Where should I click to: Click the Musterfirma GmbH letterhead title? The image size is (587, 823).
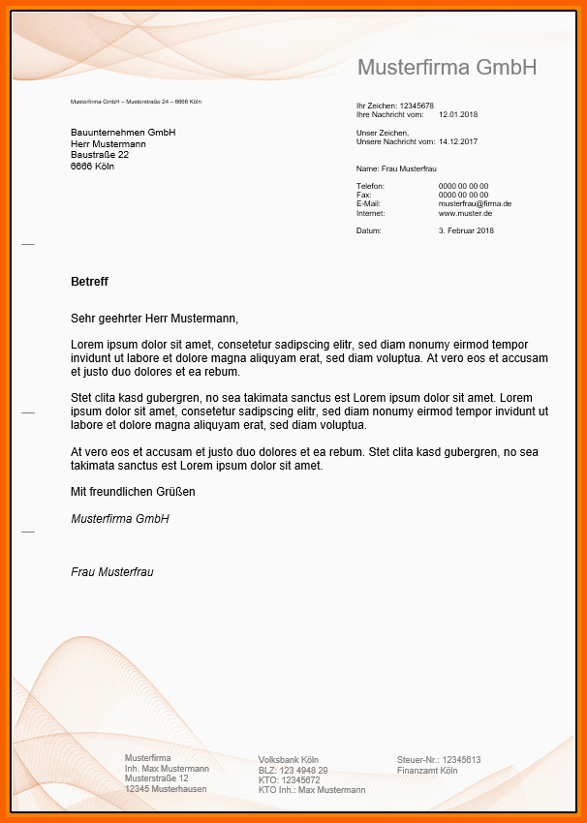tap(447, 67)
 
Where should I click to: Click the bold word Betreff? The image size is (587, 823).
tap(89, 282)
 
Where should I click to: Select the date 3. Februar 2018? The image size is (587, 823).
tap(466, 231)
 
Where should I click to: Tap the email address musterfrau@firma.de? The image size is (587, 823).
tap(475, 204)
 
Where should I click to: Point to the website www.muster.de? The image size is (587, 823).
tap(465, 213)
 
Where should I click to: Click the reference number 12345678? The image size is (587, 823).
tap(417, 106)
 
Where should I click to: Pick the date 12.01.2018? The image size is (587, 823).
tap(458, 114)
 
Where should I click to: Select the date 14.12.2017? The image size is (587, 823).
tap(458, 141)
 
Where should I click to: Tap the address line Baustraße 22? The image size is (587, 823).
tap(100, 154)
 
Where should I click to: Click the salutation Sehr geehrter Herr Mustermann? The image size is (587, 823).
tap(154, 318)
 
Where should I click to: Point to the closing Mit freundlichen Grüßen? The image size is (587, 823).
tap(133, 492)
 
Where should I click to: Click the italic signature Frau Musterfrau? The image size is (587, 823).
tap(111, 572)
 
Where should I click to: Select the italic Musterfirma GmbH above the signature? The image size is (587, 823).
tap(120, 519)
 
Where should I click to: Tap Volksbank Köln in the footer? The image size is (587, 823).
tap(289, 760)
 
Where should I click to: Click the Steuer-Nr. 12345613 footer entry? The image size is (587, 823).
tap(439, 760)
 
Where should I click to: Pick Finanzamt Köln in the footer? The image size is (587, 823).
tap(427, 771)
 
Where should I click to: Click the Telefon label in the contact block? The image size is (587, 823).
tap(370, 186)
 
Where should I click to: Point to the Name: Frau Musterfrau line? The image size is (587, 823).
tap(396, 168)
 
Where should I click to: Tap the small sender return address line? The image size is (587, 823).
tap(136, 102)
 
